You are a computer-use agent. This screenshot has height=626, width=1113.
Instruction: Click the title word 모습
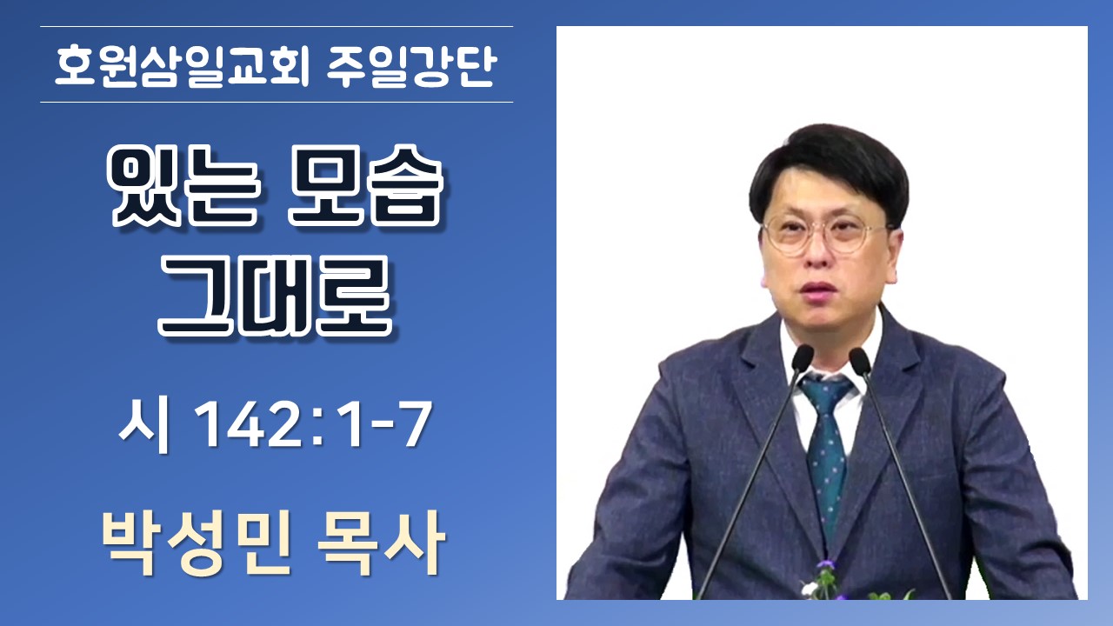365,186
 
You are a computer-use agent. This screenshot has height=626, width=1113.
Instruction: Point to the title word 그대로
276,297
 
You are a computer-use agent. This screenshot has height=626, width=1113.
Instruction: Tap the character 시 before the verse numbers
145,426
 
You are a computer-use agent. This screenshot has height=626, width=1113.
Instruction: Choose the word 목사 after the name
381,543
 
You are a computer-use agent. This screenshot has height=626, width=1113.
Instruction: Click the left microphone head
802,357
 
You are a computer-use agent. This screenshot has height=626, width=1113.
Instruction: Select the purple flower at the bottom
826,565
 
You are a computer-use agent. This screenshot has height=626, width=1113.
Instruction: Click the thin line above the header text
277,26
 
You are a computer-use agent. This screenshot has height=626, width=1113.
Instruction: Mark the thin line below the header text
277,103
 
